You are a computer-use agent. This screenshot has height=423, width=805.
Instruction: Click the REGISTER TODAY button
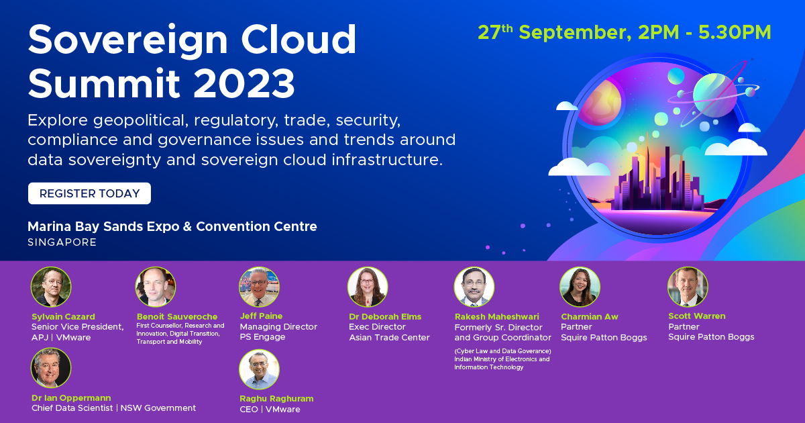pos(89,193)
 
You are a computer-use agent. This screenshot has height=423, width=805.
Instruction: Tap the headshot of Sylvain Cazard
pos(51,287)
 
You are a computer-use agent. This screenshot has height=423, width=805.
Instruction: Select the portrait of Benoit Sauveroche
pos(156,287)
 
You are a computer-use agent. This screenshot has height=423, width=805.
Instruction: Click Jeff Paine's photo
pos(259,287)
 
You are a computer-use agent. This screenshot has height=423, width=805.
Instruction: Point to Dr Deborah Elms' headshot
pos(368,287)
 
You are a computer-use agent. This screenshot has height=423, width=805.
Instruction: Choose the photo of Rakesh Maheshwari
pos(474,287)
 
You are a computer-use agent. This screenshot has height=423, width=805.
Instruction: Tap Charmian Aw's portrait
pos(580,287)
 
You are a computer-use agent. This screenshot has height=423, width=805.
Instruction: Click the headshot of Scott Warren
pos(688,287)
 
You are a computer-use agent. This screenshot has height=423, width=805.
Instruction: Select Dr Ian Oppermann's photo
pos(51,368)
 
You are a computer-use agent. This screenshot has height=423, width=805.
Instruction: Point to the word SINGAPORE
pos(62,242)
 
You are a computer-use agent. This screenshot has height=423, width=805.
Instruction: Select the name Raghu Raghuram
pos(276,398)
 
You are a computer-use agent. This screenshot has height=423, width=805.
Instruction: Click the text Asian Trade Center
pos(389,338)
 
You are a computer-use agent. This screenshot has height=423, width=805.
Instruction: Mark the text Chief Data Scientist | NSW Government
pos(114,408)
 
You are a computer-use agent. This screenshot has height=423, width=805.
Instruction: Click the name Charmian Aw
pos(590,316)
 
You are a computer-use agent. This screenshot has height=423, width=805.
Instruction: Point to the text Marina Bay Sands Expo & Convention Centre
pos(172,226)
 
